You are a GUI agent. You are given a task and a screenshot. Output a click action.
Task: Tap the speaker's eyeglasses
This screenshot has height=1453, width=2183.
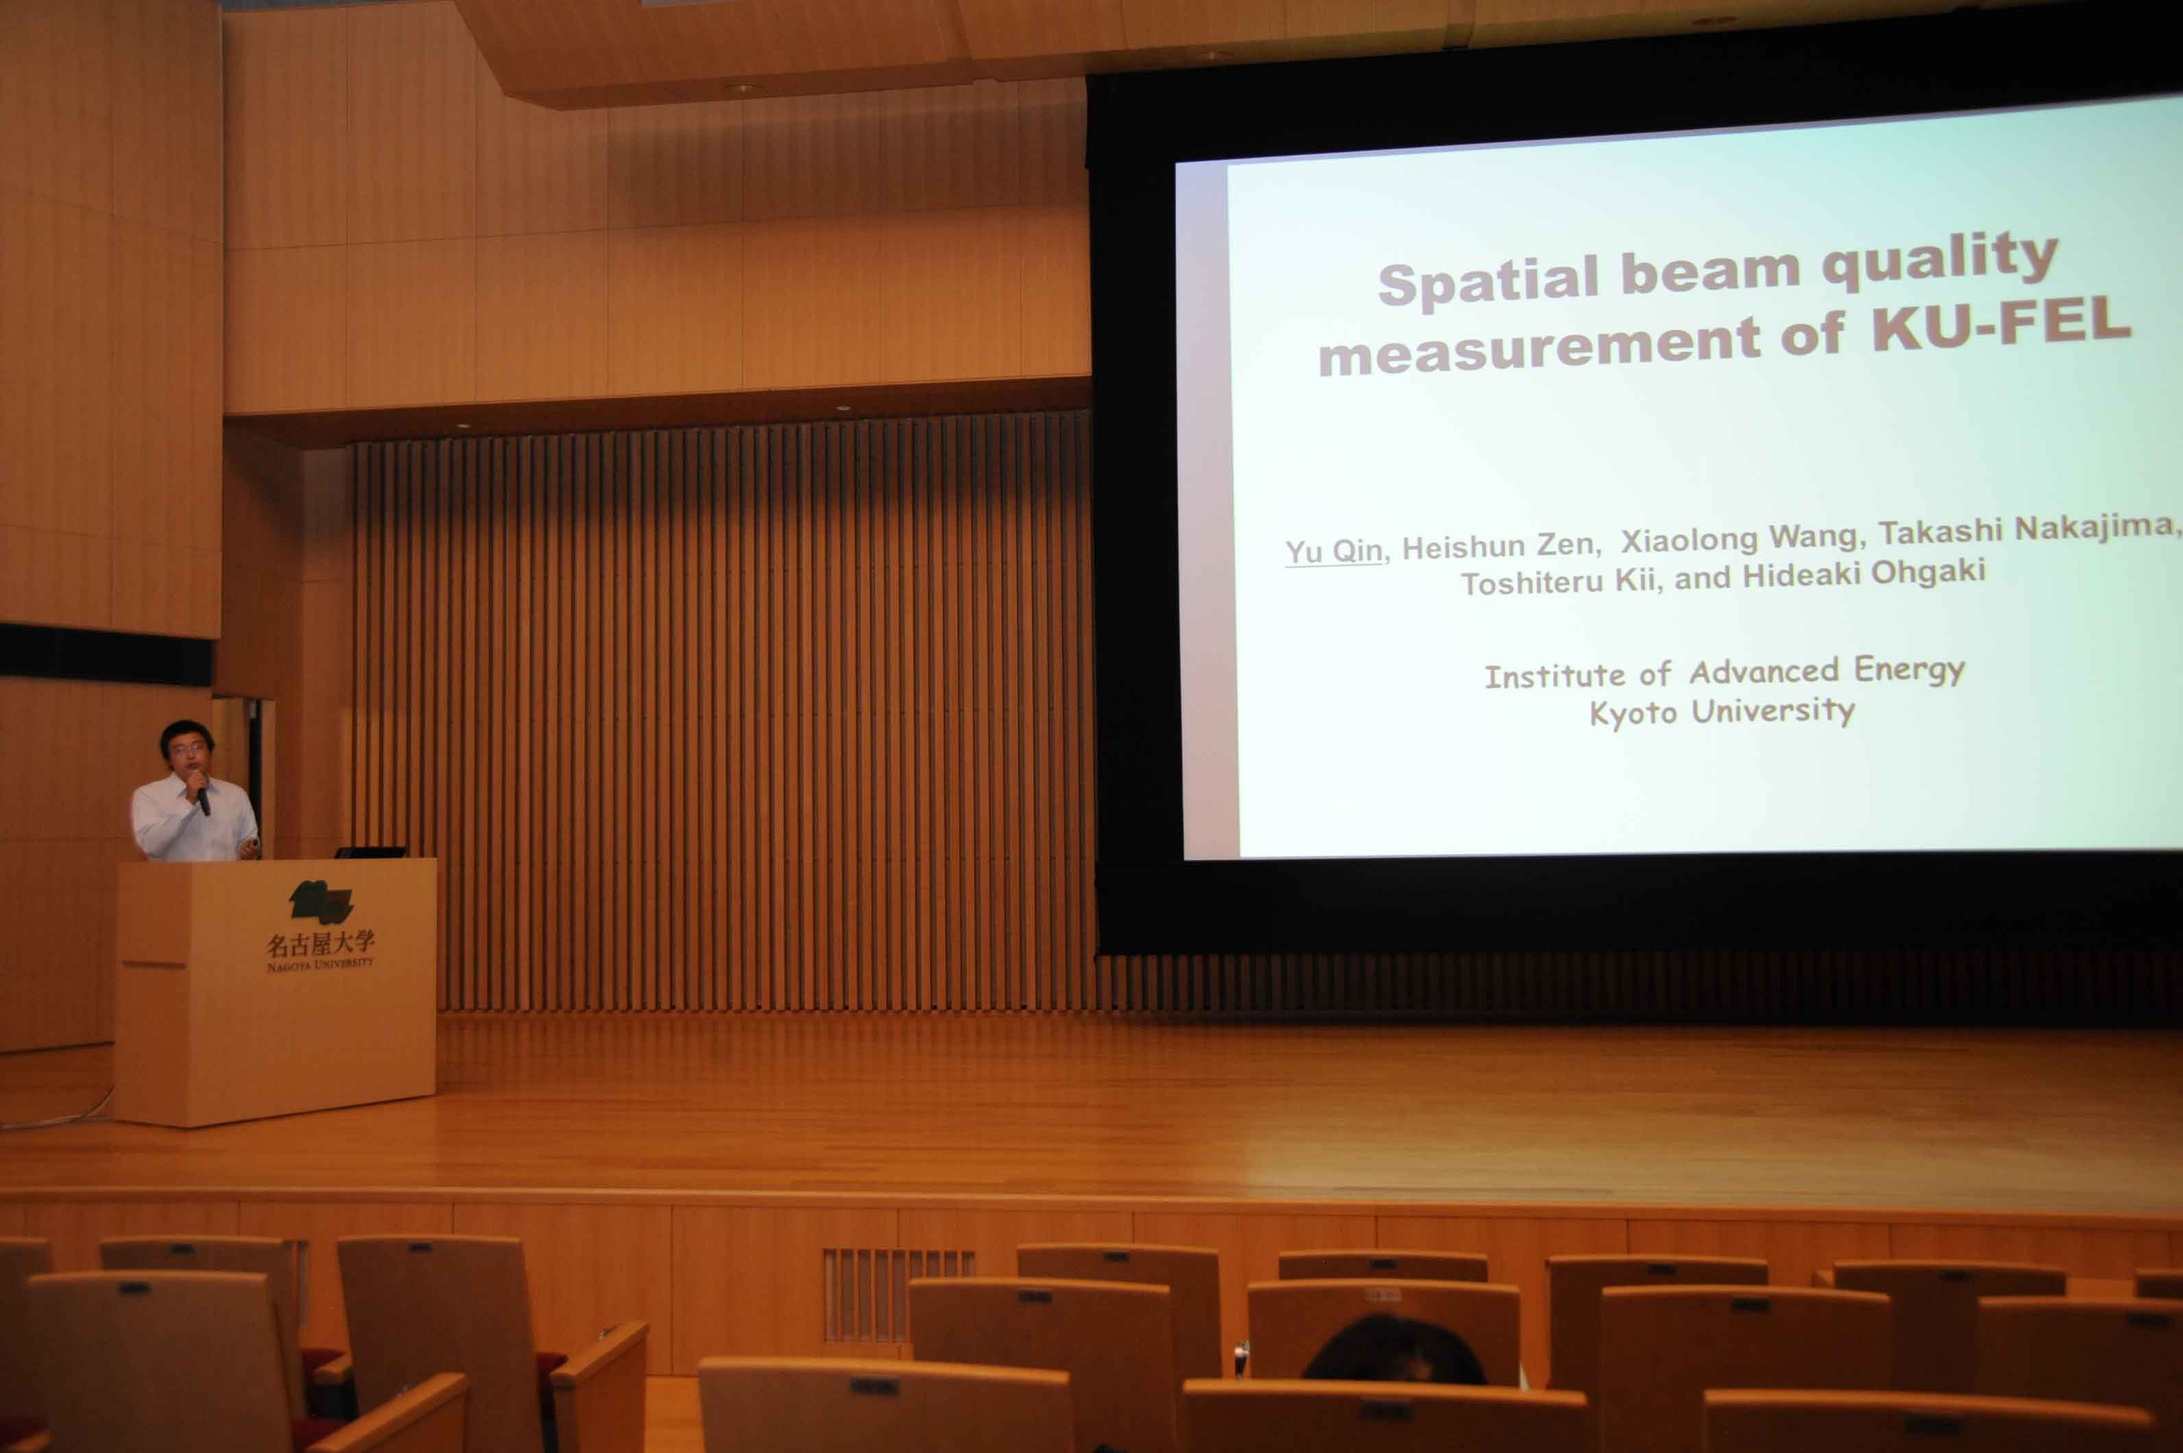188,748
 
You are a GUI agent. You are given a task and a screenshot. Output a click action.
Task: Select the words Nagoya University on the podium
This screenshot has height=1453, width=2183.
319,964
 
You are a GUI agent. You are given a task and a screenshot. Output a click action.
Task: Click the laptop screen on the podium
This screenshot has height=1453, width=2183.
371,852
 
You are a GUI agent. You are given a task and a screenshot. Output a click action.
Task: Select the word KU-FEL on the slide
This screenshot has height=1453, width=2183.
2001,323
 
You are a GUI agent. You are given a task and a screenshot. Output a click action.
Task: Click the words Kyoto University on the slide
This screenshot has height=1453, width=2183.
1722,711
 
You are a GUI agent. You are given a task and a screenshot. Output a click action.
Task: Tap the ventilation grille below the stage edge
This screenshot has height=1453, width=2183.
898,1295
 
